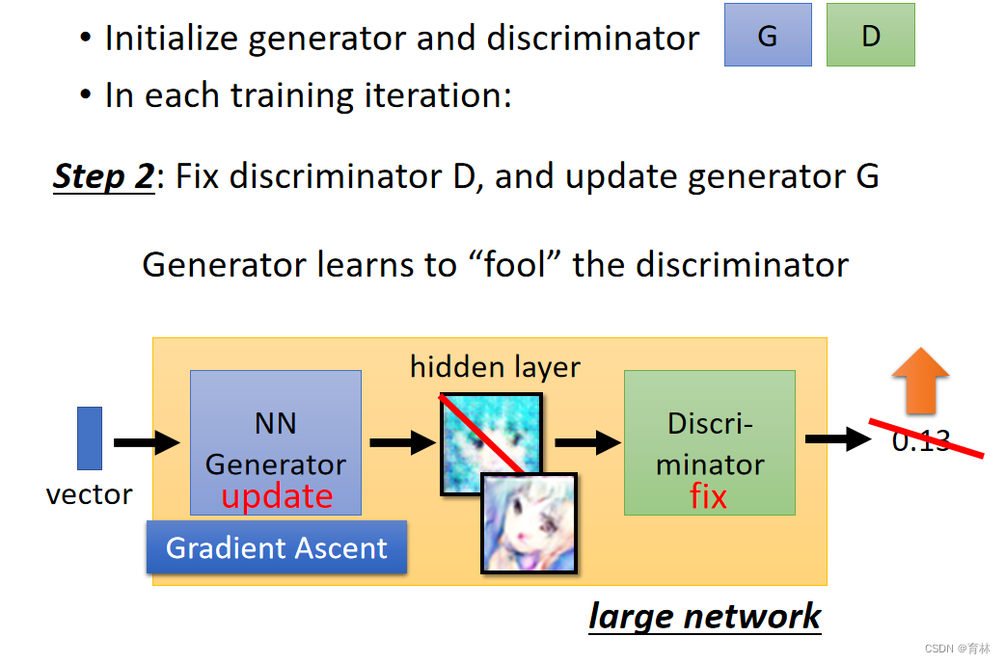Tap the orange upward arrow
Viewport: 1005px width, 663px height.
(x=920, y=380)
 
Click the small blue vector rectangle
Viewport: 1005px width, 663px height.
(x=89, y=438)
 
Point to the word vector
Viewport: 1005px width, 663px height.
(x=89, y=494)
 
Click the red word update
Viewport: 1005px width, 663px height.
(x=277, y=496)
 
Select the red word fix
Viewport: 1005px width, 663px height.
(x=709, y=496)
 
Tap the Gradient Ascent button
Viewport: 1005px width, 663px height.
(x=277, y=547)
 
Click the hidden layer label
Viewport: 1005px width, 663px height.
(x=495, y=367)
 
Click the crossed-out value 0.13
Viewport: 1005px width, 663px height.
(x=921, y=441)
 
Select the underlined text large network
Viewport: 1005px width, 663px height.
(x=704, y=617)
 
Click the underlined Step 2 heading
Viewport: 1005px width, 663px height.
(x=103, y=177)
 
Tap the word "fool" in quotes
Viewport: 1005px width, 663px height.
(x=517, y=264)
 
